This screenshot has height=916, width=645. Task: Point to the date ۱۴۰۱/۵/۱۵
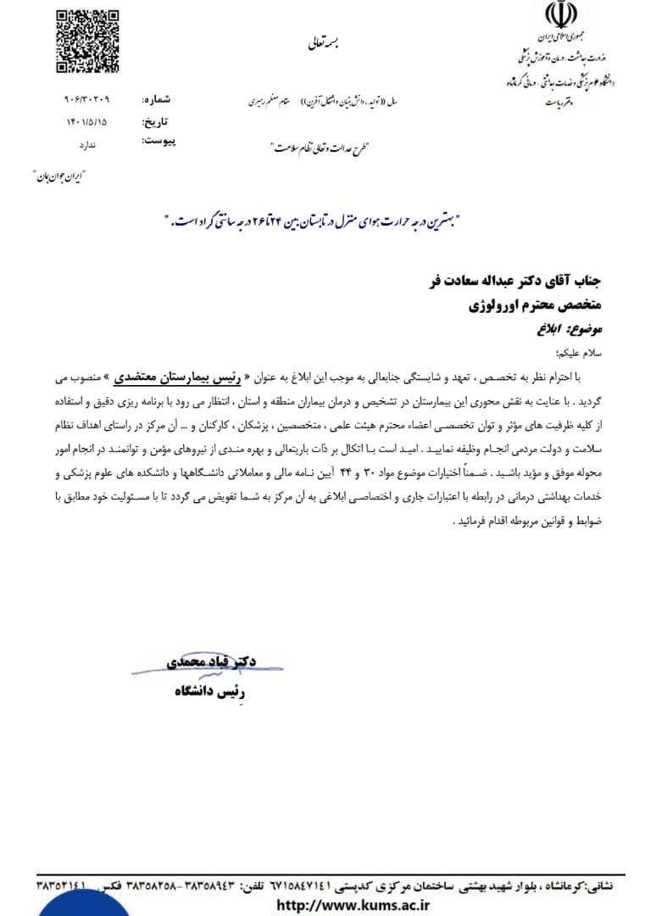(x=93, y=121)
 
